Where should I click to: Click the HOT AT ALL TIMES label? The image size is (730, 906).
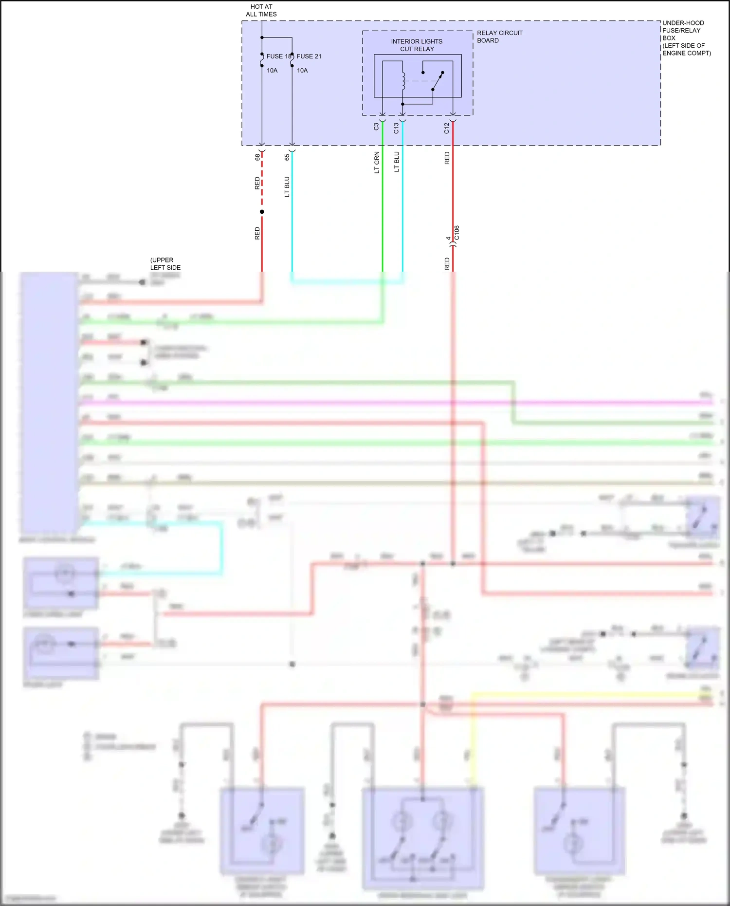(x=261, y=10)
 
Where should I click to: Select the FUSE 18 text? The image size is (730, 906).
(x=278, y=56)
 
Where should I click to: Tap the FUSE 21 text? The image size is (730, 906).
(x=309, y=56)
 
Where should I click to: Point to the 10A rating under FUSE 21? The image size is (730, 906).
(x=302, y=70)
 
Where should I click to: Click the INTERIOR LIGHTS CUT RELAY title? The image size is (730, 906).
(x=417, y=45)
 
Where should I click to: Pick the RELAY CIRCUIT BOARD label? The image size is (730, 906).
(x=499, y=37)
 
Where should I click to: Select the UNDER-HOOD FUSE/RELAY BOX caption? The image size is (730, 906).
(x=686, y=38)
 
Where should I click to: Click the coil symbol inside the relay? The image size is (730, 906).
(x=403, y=81)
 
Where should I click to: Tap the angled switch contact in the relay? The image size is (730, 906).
(x=438, y=81)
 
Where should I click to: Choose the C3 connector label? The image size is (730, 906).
(x=376, y=127)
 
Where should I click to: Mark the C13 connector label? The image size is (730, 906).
(x=396, y=128)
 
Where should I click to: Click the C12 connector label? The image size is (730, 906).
(x=447, y=128)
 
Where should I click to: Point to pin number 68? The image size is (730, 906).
(x=257, y=157)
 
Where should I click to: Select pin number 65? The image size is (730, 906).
(x=287, y=157)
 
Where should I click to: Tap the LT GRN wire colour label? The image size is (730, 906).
(x=377, y=163)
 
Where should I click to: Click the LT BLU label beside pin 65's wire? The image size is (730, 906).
(x=287, y=186)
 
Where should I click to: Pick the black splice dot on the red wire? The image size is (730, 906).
(x=262, y=212)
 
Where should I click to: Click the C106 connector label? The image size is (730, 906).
(x=456, y=233)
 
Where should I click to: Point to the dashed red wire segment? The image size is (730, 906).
(x=262, y=180)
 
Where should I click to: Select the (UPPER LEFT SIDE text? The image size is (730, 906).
(x=165, y=263)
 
